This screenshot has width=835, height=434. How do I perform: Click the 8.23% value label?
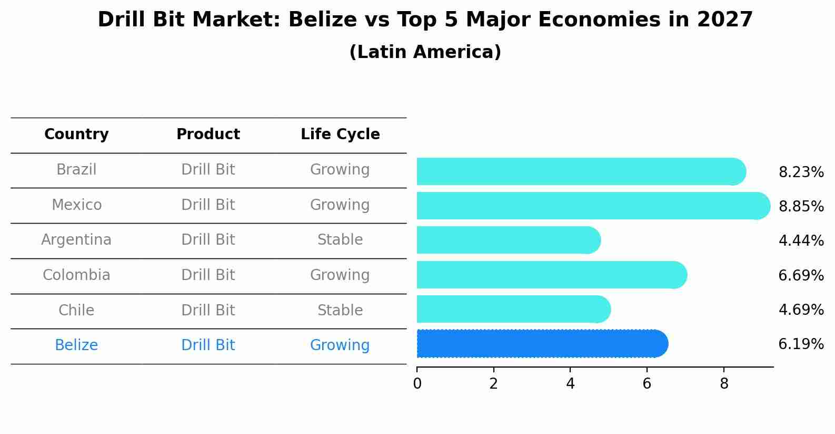point(801,172)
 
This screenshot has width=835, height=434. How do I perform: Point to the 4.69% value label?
point(801,310)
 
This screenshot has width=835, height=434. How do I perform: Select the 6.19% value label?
point(801,344)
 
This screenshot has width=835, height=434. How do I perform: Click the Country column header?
point(76,134)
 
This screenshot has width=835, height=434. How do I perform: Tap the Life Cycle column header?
point(340,134)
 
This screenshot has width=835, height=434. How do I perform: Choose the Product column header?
point(208,134)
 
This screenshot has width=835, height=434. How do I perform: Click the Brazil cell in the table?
point(76,170)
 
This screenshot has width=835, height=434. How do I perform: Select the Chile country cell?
point(76,310)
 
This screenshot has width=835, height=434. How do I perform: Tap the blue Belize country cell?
point(76,345)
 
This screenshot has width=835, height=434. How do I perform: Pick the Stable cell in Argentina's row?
point(340,240)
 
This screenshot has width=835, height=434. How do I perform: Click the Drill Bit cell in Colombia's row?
point(208,275)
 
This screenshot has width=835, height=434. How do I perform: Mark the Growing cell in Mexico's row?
point(340,205)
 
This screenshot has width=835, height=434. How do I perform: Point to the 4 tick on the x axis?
point(570,384)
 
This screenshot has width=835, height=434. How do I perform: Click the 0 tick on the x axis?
point(417,384)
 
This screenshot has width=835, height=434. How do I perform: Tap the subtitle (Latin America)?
point(425,52)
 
